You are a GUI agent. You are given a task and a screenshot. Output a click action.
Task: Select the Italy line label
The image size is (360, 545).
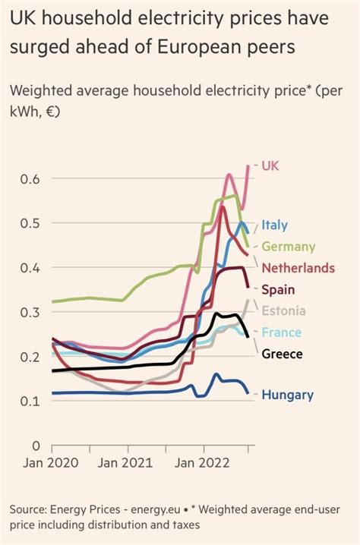(274, 225)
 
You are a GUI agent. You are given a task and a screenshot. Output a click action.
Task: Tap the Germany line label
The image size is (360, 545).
(288, 247)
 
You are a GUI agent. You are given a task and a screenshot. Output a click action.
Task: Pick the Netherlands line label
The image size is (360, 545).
(298, 268)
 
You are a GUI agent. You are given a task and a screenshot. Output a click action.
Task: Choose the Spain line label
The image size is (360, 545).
(278, 289)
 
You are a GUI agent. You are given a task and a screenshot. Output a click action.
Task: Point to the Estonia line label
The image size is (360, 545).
(283, 310)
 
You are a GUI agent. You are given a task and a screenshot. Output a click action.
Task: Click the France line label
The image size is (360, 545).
(281, 332)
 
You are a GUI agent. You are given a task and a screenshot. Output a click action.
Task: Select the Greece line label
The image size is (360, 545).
(282, 353)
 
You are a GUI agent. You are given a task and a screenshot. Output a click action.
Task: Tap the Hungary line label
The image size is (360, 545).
(287, 394)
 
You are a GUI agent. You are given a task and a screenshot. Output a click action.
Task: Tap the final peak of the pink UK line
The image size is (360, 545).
(248, 165)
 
